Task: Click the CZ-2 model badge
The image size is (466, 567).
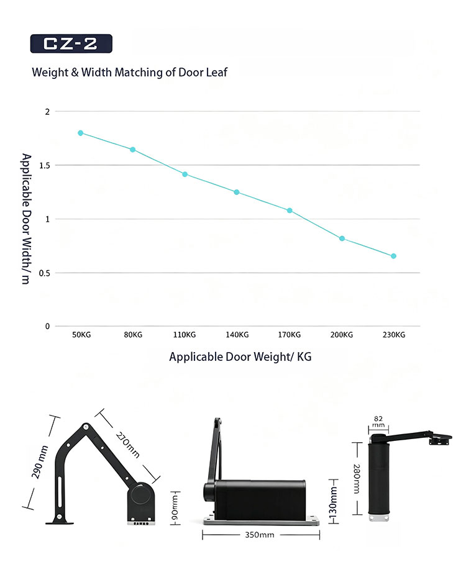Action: pos(71,43)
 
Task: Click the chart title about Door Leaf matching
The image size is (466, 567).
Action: pos(129,72)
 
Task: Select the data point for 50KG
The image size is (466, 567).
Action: pos(81,133)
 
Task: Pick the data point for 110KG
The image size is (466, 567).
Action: pos(185,175)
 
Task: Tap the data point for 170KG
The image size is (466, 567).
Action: pos(290,211)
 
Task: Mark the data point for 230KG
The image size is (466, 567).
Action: pos(394,256)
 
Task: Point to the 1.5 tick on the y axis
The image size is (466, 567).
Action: pos(45,166)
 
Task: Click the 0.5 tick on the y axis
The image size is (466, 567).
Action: pos(45,273)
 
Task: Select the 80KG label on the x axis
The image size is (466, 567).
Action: pos(133,335)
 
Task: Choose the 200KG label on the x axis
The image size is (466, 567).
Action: pos(342,335)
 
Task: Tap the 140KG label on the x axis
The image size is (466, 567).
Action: pos(237,335)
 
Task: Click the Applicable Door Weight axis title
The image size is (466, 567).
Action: pos(240,357)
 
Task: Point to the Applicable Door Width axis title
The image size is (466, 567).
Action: pos(26,219)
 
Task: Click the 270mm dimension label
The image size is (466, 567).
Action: pos(128,445)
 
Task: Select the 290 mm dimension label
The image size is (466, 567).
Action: pos(40,462)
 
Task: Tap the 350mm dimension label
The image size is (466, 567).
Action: pos(260,535)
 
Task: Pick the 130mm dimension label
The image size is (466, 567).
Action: pos(333,502)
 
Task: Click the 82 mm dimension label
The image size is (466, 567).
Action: pos(378,422)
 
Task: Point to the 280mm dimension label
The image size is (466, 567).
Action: pos(357,479)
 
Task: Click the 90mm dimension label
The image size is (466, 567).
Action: pos(175,507)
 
